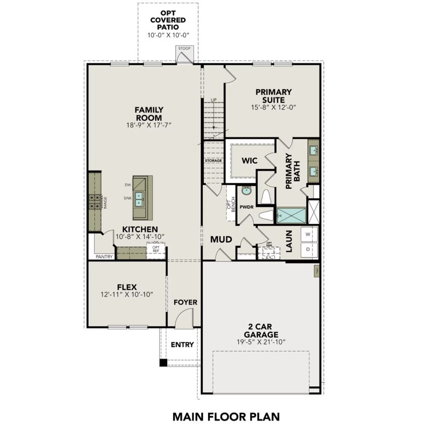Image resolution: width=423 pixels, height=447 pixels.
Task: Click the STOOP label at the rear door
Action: click(x=184, y=49)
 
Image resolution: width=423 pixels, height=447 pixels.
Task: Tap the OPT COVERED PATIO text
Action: click(x=167, y=20)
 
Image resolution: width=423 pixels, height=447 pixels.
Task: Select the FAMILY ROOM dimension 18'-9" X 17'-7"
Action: click(x=149, y=124)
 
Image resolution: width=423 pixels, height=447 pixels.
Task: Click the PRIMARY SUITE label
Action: click(x=273, y=96)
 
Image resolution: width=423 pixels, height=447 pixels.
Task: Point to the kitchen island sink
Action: click(x=139, y=199)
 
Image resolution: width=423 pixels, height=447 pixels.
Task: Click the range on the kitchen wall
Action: click(x=95, y=202)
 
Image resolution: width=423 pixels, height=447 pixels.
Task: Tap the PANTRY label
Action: click(x=104, y=256)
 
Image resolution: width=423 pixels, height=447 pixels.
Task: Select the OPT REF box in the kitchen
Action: click(x=156, y=251)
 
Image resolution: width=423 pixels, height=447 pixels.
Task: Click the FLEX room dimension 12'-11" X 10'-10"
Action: click(x=127, y=294)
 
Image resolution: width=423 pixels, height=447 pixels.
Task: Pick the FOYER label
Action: click(x=185, y=302)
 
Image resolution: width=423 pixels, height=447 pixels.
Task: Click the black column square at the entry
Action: click(x=164, y=363)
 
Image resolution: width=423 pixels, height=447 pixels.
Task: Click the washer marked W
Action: click(x=308, y=234)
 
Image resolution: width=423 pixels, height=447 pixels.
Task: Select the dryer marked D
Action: click(x=308, y=250)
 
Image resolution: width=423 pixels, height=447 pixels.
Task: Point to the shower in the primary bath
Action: click(x=291, y=216)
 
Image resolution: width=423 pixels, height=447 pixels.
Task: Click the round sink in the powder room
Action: click(x=247, y=191)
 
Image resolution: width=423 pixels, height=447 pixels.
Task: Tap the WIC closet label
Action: click(x=250, y=160)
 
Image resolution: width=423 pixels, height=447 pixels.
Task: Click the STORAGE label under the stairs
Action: click(x=213, y=160)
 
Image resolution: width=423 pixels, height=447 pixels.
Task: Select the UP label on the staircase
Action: click(x=214, y=100)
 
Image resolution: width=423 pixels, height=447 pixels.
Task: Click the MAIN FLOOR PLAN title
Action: click(x=226, y=416)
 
